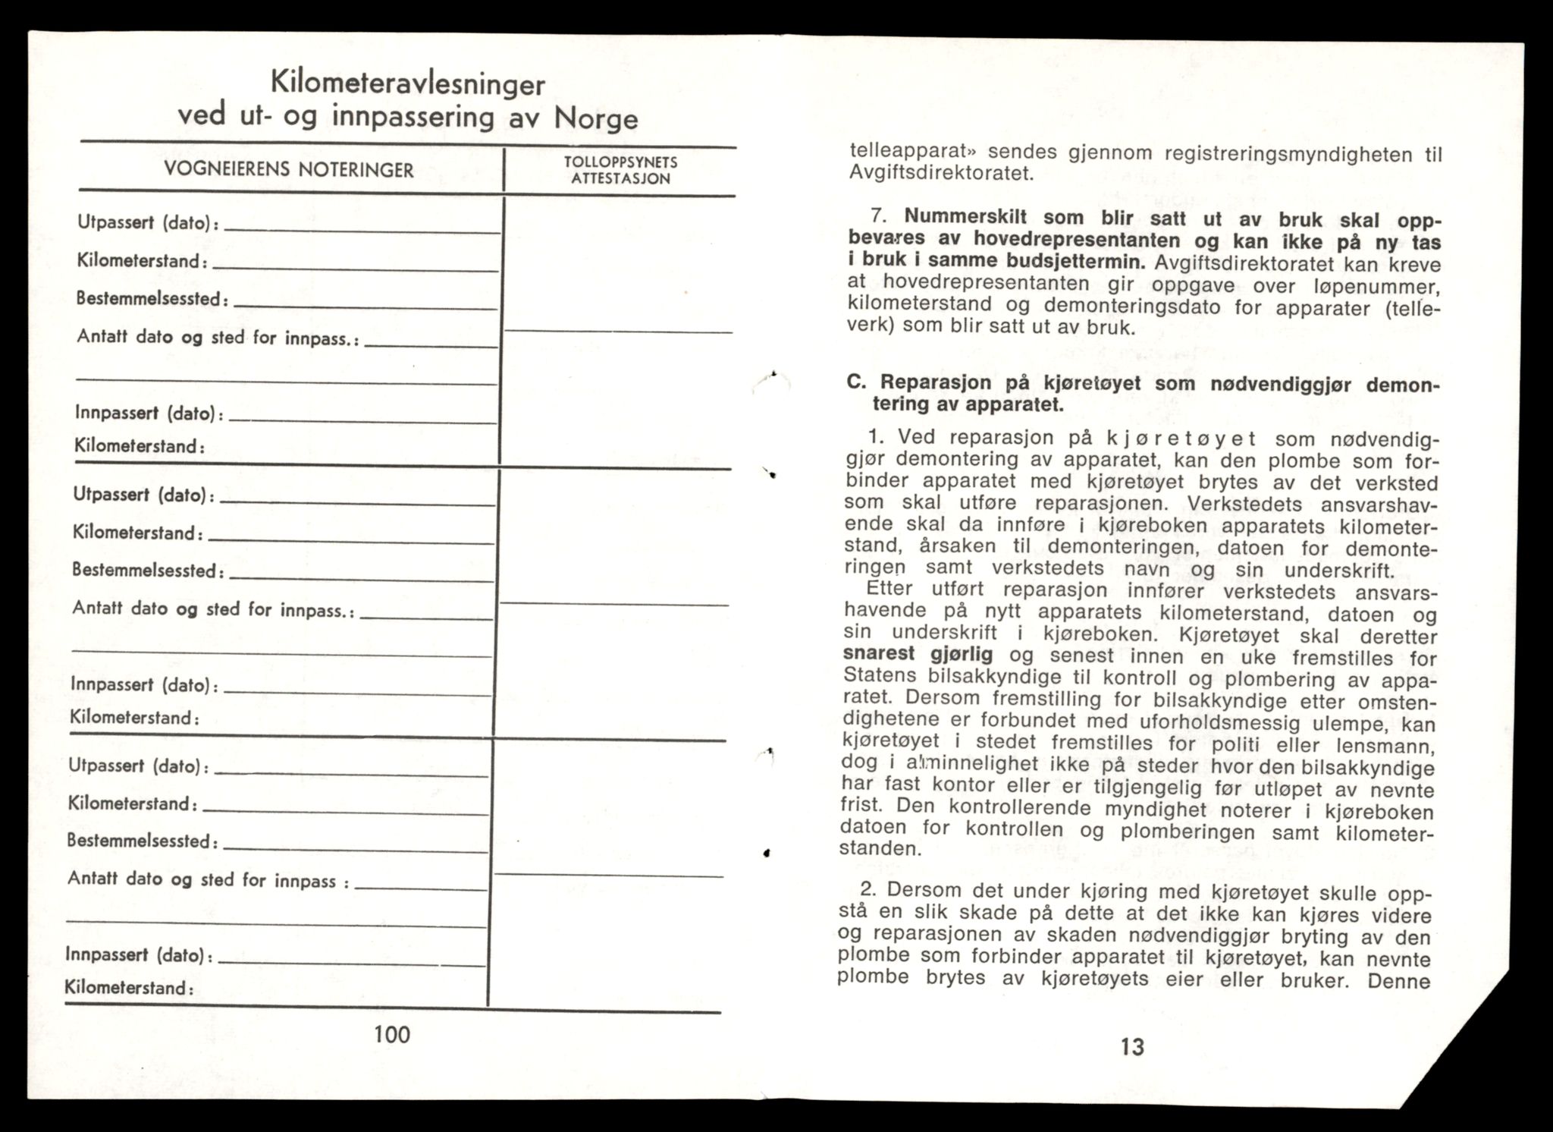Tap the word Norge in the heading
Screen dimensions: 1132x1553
(596, 118)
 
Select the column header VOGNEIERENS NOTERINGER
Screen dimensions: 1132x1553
(289, 170)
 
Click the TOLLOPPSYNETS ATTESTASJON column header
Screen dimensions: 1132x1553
(620, 171)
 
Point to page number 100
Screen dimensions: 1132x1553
(392, 1034)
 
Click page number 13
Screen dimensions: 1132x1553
(1131, 1047)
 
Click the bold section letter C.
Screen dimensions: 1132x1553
(855, 382)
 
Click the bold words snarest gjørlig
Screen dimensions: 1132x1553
(918, 653)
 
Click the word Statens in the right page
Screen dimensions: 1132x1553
(879, 675)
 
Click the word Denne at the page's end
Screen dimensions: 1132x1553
(1398, 981)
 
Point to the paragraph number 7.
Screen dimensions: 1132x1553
(877, 217)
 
